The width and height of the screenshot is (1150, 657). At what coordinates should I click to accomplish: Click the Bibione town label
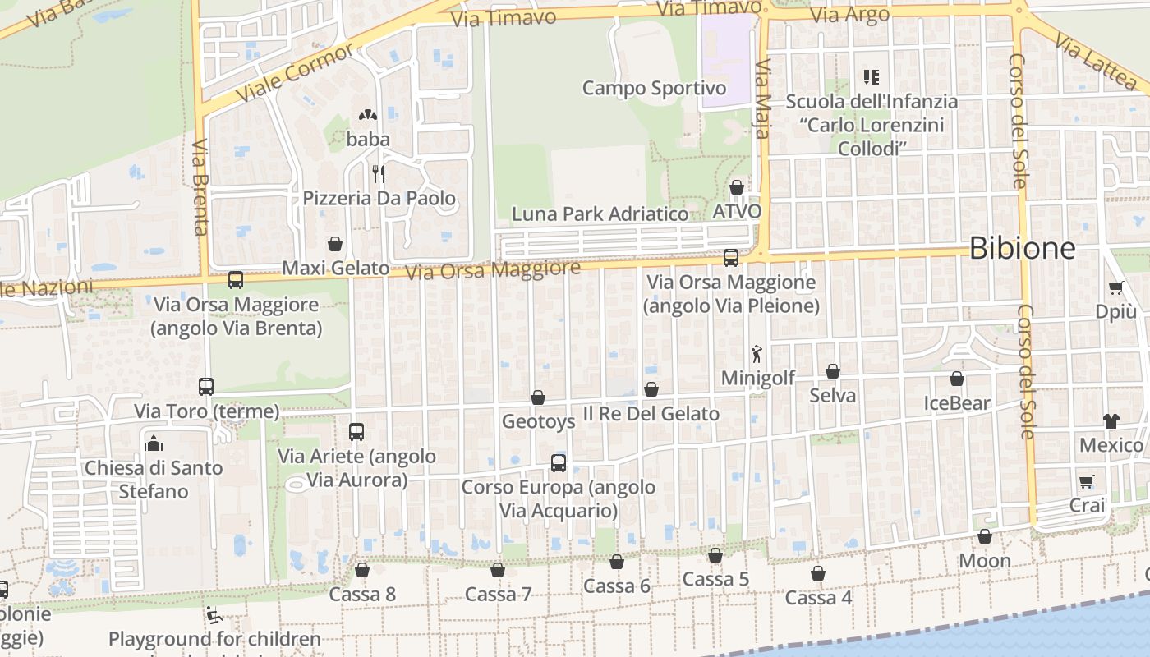point(1022,248)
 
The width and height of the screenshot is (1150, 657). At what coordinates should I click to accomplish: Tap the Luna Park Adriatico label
point(600,214)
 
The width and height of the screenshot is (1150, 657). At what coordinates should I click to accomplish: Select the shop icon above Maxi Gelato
point(335,244)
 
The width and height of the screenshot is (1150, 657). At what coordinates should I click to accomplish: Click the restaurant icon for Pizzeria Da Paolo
point(379,173)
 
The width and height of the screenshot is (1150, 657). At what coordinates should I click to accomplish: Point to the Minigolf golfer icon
point(757,354)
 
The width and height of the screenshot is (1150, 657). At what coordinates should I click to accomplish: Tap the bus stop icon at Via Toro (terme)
point(206,386)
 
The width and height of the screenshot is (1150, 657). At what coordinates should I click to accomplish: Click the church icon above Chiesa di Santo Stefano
point(154,443)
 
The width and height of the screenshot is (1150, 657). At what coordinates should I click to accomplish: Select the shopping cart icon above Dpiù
point(1115,287)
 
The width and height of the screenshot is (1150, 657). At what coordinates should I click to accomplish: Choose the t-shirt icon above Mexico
point(1111,420)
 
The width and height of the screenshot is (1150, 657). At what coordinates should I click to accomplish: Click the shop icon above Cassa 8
point(361,569)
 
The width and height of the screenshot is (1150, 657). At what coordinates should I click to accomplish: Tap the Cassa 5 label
point(715,580)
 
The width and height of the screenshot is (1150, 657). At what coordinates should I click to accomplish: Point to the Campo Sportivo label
point(654,88)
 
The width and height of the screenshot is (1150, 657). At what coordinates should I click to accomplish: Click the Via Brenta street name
point(200,187)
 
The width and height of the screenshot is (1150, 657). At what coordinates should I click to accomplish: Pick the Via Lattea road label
point(1097,61)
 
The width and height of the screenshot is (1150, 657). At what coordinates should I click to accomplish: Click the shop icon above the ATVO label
point(737,187)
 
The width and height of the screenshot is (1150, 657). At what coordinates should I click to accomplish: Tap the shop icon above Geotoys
point(538,397)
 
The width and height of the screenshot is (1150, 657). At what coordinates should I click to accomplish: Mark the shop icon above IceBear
point(957,379)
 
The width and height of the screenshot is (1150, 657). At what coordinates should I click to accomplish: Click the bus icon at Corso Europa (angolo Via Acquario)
point(559,462)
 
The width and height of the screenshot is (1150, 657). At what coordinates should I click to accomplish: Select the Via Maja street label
point(763,99)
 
